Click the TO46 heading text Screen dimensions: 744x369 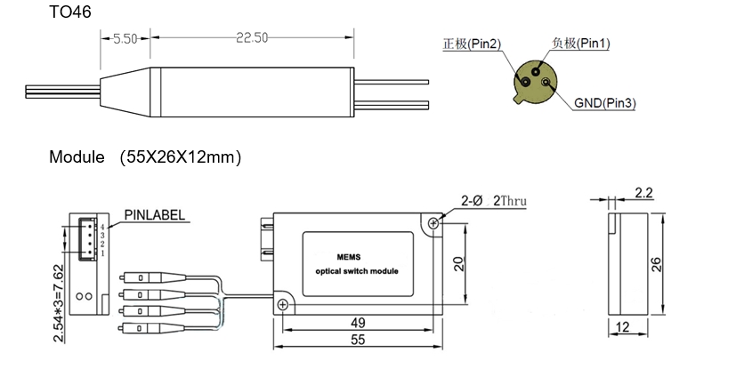pyautogui.click(x=69, y=12)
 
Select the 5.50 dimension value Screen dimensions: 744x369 pyautogui.click(x=125, y=39)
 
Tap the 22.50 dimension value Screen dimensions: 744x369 pyautogui.click(x=253, y=37)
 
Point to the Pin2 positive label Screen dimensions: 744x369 pyautogui.click(x=472, y=44)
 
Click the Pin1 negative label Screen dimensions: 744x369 pyautogui.click(x=581, y=44)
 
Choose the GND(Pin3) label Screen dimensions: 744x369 pyautogui.click(x=604, y=103)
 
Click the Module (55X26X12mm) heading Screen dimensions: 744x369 pyautogui.click(x=145, y=157)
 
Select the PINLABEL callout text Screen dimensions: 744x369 pyautogui.click(x=155, y=214)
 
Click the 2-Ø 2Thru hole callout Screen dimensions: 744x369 pyautogui.click(x=494, y=201)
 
